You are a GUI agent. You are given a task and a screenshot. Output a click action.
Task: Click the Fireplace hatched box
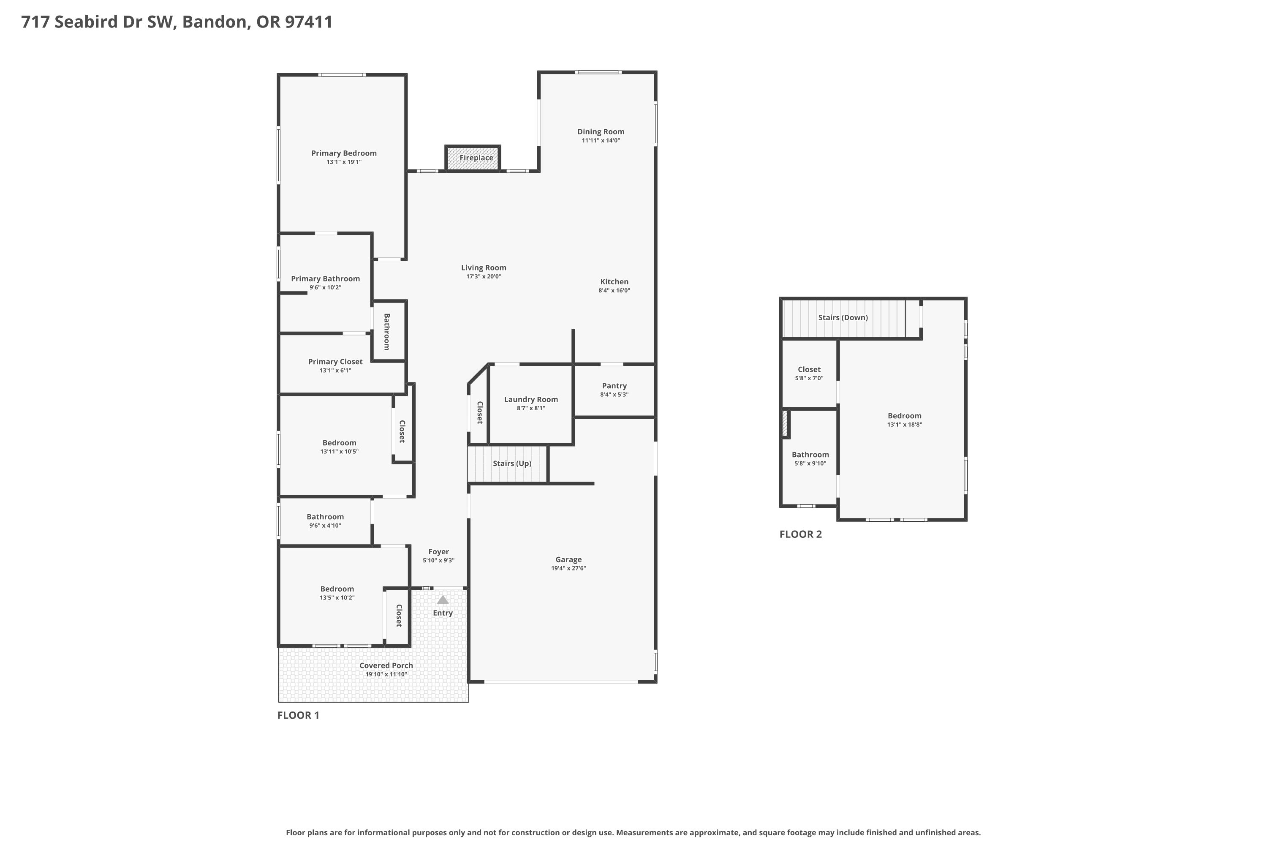tap(473, 158)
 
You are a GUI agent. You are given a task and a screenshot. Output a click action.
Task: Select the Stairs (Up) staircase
tap(508, 463)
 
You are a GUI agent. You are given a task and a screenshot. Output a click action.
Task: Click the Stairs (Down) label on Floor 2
tap(843, 317)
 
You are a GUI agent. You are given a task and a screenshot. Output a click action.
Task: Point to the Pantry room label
tap(614, 386)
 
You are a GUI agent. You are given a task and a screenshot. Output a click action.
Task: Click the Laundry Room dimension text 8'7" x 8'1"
tap(530, 409)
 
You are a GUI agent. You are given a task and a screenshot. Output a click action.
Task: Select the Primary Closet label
tap(335, 362)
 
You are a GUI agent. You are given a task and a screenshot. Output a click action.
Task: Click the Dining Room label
tap(601, 131)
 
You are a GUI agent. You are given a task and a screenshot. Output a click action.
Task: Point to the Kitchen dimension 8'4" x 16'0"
tap(614, 291)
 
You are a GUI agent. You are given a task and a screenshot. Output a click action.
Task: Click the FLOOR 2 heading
tap(800, 534)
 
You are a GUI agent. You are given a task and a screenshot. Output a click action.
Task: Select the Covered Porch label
tap(386, 665)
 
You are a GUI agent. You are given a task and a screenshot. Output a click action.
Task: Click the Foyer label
tap(438, 552)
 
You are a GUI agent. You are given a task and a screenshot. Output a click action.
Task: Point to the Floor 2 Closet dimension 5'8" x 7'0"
tap(809, 378)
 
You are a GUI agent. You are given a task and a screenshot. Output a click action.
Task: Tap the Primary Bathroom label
tap(325, 278)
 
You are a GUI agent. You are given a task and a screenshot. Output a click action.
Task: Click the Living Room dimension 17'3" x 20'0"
tap(484, 276)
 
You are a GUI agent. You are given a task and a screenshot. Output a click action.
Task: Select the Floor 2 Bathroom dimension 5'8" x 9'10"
tap(810, 463)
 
